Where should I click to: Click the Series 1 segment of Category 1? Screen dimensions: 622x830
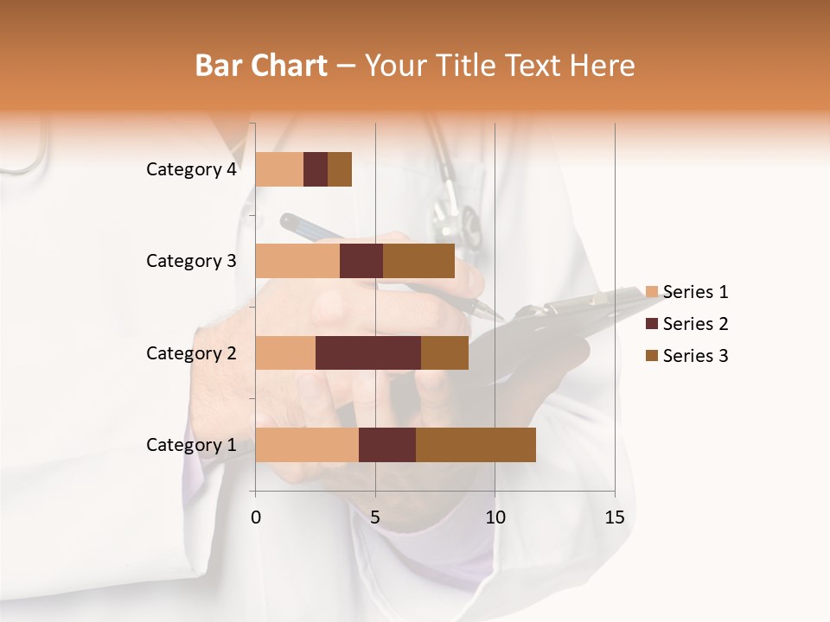tap(307, 445)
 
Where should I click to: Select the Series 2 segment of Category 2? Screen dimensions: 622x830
tap(368, 352)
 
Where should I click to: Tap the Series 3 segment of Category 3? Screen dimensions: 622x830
tap(418, 261)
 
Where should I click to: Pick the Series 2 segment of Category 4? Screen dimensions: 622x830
tap(316, 169)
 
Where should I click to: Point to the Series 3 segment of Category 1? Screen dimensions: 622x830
tap(476, 445)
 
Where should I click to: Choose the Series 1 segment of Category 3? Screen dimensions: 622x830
tap(297, 261)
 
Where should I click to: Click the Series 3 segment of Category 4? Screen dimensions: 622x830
tap(340, 169)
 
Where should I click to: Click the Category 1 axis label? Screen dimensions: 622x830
tap(191, 445)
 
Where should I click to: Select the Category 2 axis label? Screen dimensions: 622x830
tap(191, 352)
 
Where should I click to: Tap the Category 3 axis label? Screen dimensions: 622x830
tap(191, 261)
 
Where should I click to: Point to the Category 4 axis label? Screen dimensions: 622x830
tap(191, 169)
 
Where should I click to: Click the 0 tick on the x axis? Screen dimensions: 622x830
tap(256, 517)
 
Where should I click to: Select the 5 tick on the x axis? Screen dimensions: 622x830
tap(375, 517)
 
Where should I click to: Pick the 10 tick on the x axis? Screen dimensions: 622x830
tap(495, 517)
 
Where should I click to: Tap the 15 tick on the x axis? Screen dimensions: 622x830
tap(614, 517)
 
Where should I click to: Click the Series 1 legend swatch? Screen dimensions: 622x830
tap(652, 292)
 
